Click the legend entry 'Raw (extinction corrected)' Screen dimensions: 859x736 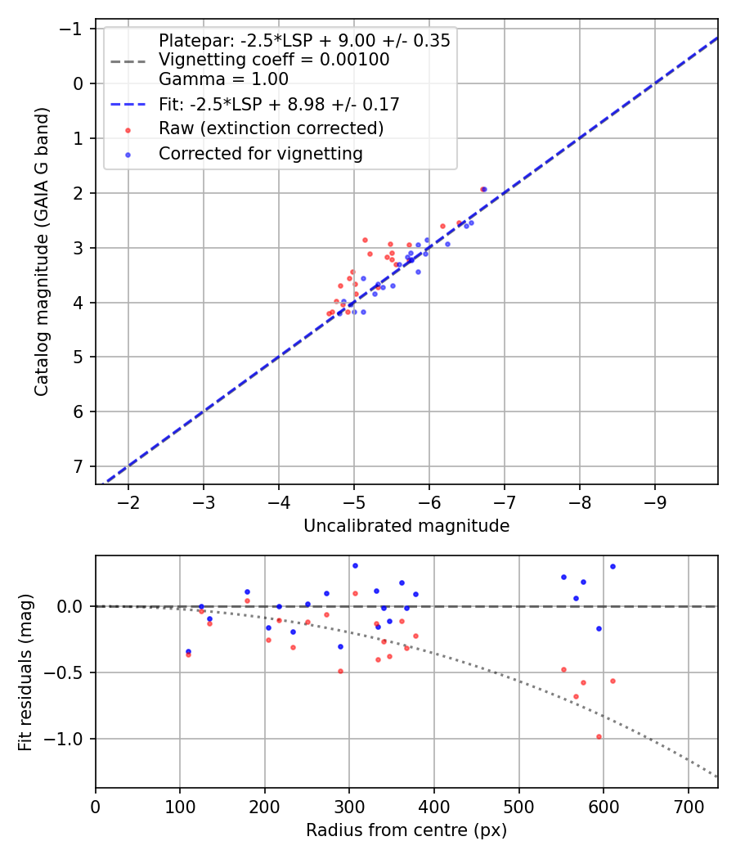tap(271, 128)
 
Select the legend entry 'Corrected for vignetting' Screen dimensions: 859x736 tap(261, 153)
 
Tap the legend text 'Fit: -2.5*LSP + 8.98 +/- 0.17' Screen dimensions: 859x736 tap(279, 104)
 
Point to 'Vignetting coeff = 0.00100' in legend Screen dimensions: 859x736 tap(274, 60)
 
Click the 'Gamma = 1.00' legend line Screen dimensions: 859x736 tap(223, 79)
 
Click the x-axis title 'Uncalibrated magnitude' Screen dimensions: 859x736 tap(406, 526)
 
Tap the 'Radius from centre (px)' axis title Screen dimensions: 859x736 tap(406, 830)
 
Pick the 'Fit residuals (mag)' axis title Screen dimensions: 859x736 tap(25, 672)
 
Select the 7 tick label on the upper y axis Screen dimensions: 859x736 tap(79, 466)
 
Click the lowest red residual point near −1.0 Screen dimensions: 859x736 tap(599, 736)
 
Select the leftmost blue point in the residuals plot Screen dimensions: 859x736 tap(188, 651)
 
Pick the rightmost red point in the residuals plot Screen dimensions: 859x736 tap(613, 681)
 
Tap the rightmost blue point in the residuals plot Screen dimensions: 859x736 tap(613, 566)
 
